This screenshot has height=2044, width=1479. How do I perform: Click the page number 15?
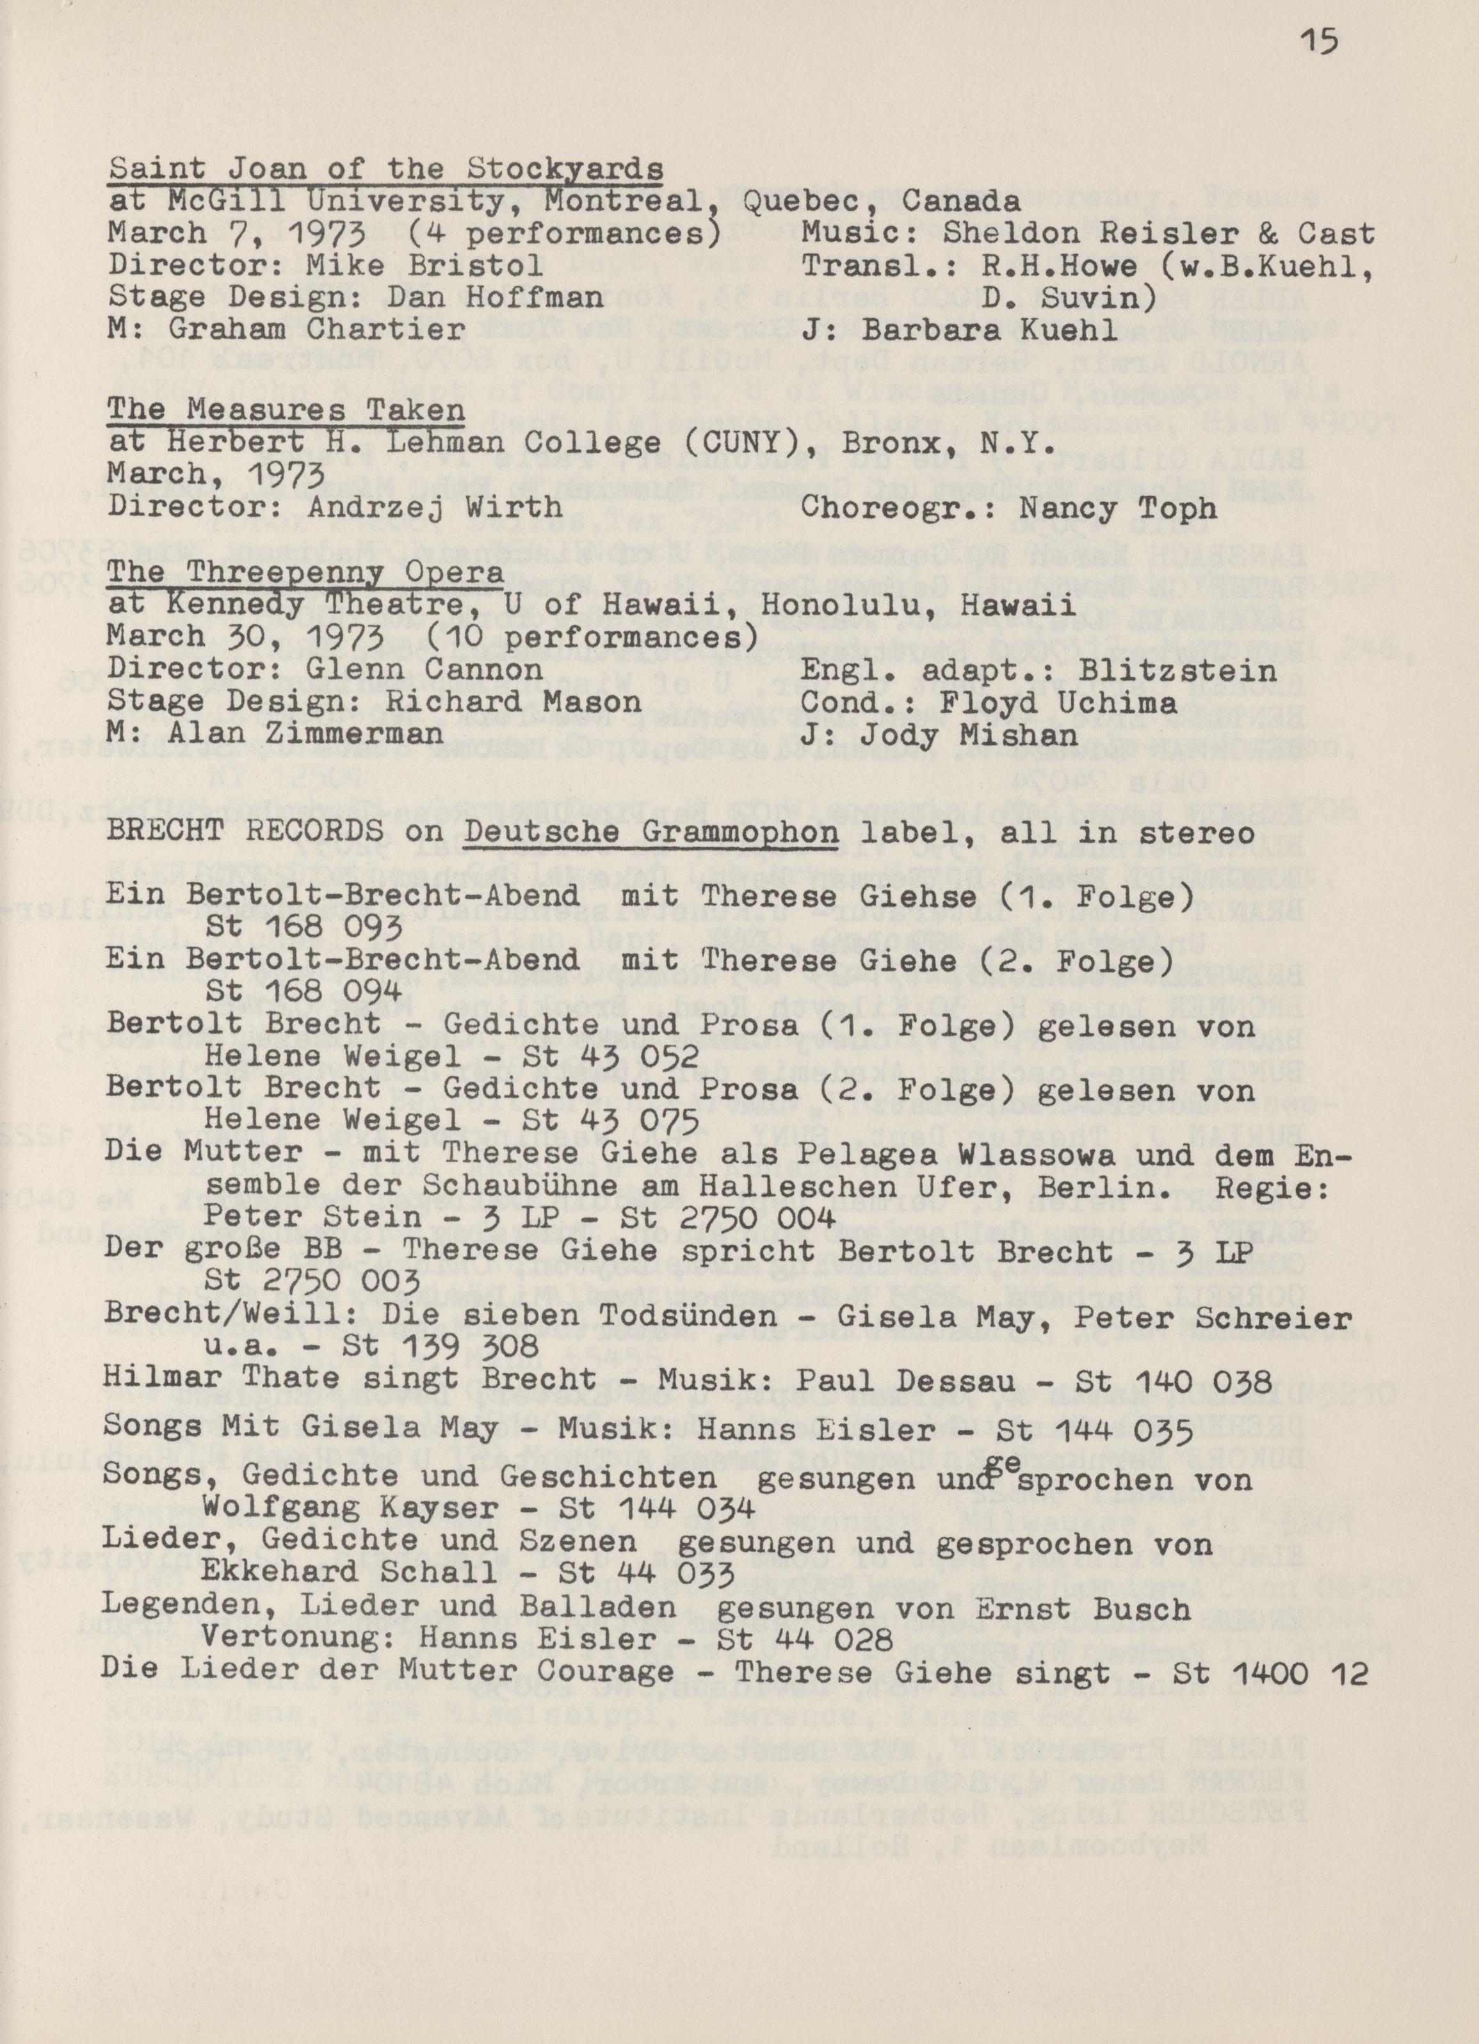click(1320, 44)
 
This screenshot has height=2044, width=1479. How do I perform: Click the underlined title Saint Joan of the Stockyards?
click(385, 168)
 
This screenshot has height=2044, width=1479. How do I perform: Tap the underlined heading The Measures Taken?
click(287, 411)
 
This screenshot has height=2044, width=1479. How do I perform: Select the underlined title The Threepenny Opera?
click(305, 573)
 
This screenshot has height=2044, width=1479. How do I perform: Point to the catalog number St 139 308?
click(442, 1345)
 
